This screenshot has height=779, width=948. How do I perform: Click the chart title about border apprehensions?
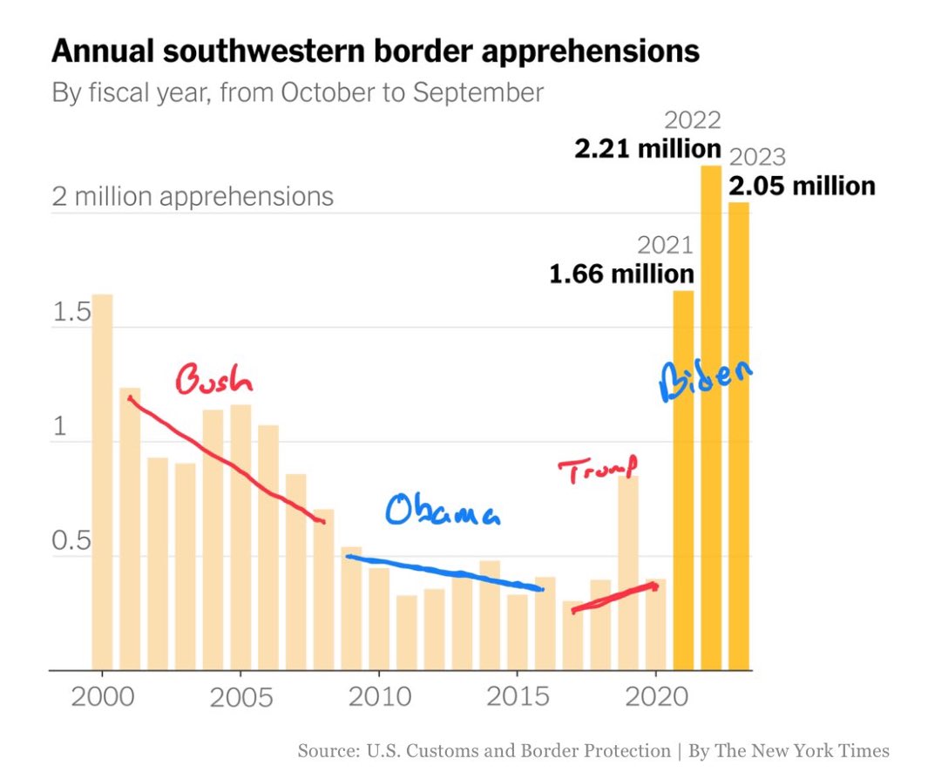click(x=375, y=51)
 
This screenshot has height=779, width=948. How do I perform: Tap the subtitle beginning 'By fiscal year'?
click(x=298, y=92)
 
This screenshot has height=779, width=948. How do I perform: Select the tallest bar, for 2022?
click(x=711, y=418)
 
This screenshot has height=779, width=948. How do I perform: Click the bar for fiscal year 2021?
click(x=683, y=479)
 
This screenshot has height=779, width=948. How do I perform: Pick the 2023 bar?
click(x=739, y=436)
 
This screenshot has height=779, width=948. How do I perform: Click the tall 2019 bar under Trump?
click(x=628, y=572)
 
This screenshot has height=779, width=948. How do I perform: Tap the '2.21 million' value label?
click(x=647, y=149)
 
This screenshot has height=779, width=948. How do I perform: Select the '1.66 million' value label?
click(x=621, y=274)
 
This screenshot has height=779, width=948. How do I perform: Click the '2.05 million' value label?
click(x=802, y=186)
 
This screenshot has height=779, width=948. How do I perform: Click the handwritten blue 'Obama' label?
click(x=444, y=512)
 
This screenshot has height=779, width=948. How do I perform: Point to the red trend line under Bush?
click(x=226, y=461)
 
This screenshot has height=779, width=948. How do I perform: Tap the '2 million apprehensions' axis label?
click(x=193, y=196)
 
